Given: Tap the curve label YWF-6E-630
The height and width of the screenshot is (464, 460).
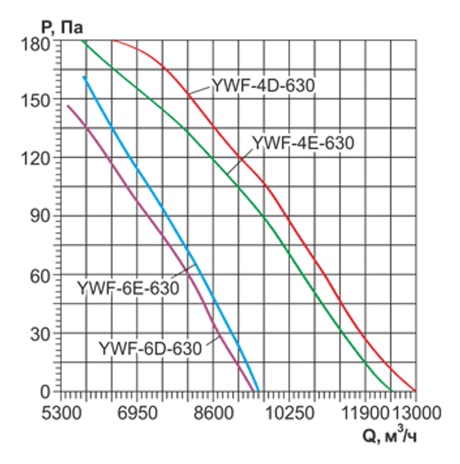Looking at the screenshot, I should (x=128, y=289).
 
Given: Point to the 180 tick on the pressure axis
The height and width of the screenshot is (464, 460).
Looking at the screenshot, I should (x=37, y=42).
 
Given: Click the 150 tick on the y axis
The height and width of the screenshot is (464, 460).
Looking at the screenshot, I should (x=37, y=100).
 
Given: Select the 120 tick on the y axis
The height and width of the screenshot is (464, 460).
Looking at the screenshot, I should (x=37, y=159).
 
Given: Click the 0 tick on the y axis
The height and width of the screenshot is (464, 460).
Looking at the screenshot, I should (x=45, y=392).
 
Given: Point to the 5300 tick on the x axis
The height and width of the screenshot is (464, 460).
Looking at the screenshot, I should (x=62, y=413).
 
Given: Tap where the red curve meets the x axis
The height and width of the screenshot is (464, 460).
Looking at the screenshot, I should (x=416, y=392).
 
